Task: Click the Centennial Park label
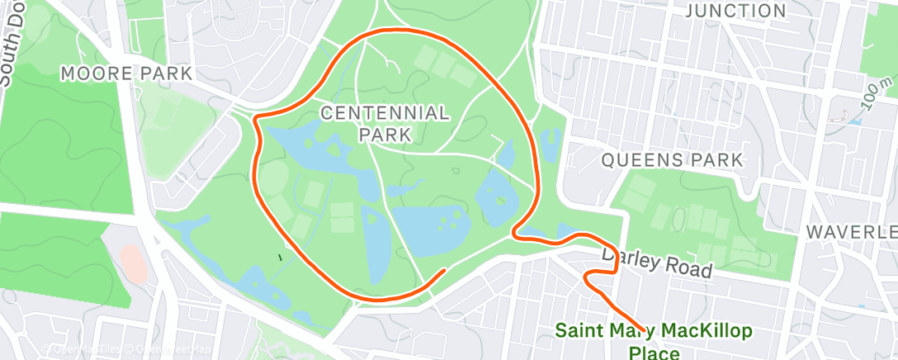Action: coord(386,121)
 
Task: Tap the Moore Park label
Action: coord(127,73)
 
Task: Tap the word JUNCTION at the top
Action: coord(736,11)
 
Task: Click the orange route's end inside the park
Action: coord(445,270)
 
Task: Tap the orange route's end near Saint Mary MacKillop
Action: coord(640,331)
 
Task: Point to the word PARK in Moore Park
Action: coord(167,73)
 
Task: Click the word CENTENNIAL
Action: coord(386,112)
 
